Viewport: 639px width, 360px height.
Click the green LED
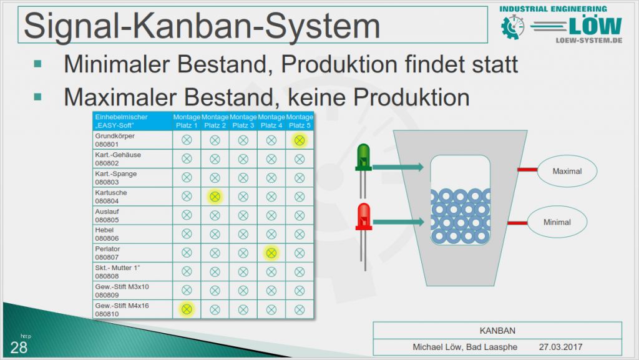pos(364,157)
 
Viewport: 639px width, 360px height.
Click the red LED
pos(364,216)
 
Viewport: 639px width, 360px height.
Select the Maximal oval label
pos(567,171)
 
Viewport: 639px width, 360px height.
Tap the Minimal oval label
pos(557,222)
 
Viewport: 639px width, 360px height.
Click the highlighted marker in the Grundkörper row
pos(300,140)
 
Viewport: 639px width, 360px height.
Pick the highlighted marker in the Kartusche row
pos(215,197)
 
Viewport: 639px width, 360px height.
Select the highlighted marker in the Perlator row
pos(271,253)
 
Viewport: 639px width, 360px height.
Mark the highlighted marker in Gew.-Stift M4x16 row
pos(187,309)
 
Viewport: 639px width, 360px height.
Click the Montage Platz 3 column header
pos(243,121)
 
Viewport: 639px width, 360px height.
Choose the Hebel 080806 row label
pos(107,234)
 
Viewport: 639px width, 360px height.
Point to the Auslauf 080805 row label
pos(107,215)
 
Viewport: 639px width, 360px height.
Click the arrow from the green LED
pos(398,167)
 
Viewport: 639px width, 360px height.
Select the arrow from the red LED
pos(398,221)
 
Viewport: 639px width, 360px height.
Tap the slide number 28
pos(19,348)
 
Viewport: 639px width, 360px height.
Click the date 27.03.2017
pos(560,347)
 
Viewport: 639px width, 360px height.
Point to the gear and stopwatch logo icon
pos(513,27)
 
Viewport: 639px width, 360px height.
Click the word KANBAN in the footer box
pos(497,331)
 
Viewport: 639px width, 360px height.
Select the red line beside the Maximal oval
pos(527,170)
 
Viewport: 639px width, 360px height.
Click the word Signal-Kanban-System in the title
pos(202,25)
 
